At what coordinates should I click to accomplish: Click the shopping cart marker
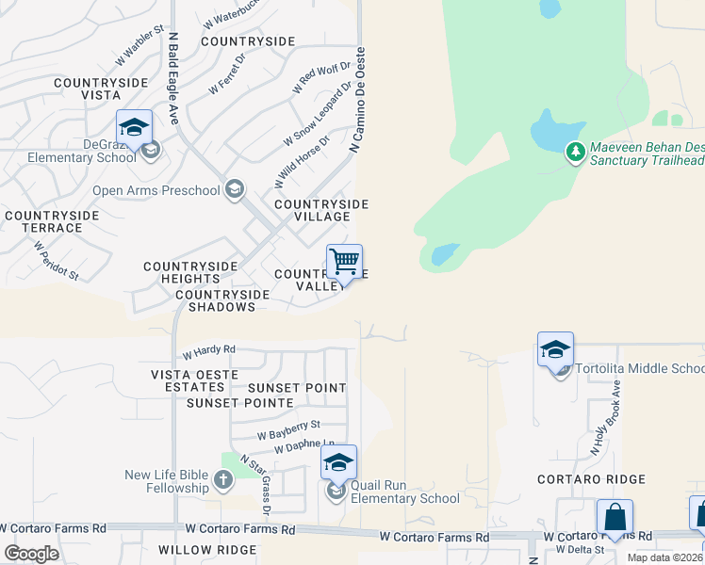pos(344,261)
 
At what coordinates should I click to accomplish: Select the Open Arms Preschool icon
pos(235,191)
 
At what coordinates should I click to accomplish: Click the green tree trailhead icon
pos(575,152)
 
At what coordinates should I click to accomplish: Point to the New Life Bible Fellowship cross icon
pos(222,481)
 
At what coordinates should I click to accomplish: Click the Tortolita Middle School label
pos(639,368)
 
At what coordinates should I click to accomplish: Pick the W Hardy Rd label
pos(208,350)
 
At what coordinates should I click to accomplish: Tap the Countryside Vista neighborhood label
pos(101,89)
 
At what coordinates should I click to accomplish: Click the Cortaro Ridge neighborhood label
pos(591,479)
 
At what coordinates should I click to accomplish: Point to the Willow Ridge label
pos(207,549)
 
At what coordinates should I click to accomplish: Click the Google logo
pos(31,554)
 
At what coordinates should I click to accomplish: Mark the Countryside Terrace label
pos(51,221)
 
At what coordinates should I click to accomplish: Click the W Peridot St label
pos(56,260)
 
